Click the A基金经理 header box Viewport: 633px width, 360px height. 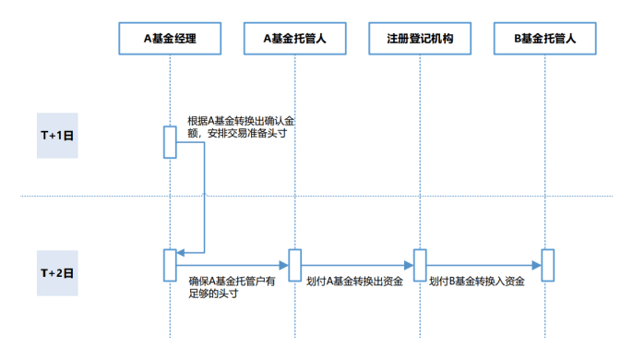(x=170, y=39)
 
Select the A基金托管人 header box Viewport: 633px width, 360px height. (x=295, y=39)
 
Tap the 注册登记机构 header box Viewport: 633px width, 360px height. (x=420, y=39)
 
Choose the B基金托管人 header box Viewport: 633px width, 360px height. (x=544, y=39)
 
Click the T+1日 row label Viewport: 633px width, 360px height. (x=57, y=134)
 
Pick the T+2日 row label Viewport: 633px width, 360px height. (x=57, y=273)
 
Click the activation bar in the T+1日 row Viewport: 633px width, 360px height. (x=170, y=141)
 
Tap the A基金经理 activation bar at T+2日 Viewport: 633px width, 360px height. (x=170, y=264)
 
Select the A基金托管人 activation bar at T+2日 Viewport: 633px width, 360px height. (x=295, y=264)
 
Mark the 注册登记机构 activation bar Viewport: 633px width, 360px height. (x=420, y=264)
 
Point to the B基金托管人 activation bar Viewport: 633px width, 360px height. (x=547, y=264)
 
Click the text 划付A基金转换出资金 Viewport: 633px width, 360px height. (x=354, y=282)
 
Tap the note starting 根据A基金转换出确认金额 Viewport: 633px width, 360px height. (x=241, y=126)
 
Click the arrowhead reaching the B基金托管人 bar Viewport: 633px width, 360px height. (x=536, y=266)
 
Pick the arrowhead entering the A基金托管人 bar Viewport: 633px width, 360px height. (x=284, y=266)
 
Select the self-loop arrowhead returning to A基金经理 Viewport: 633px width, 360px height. (x=181, y=252)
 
